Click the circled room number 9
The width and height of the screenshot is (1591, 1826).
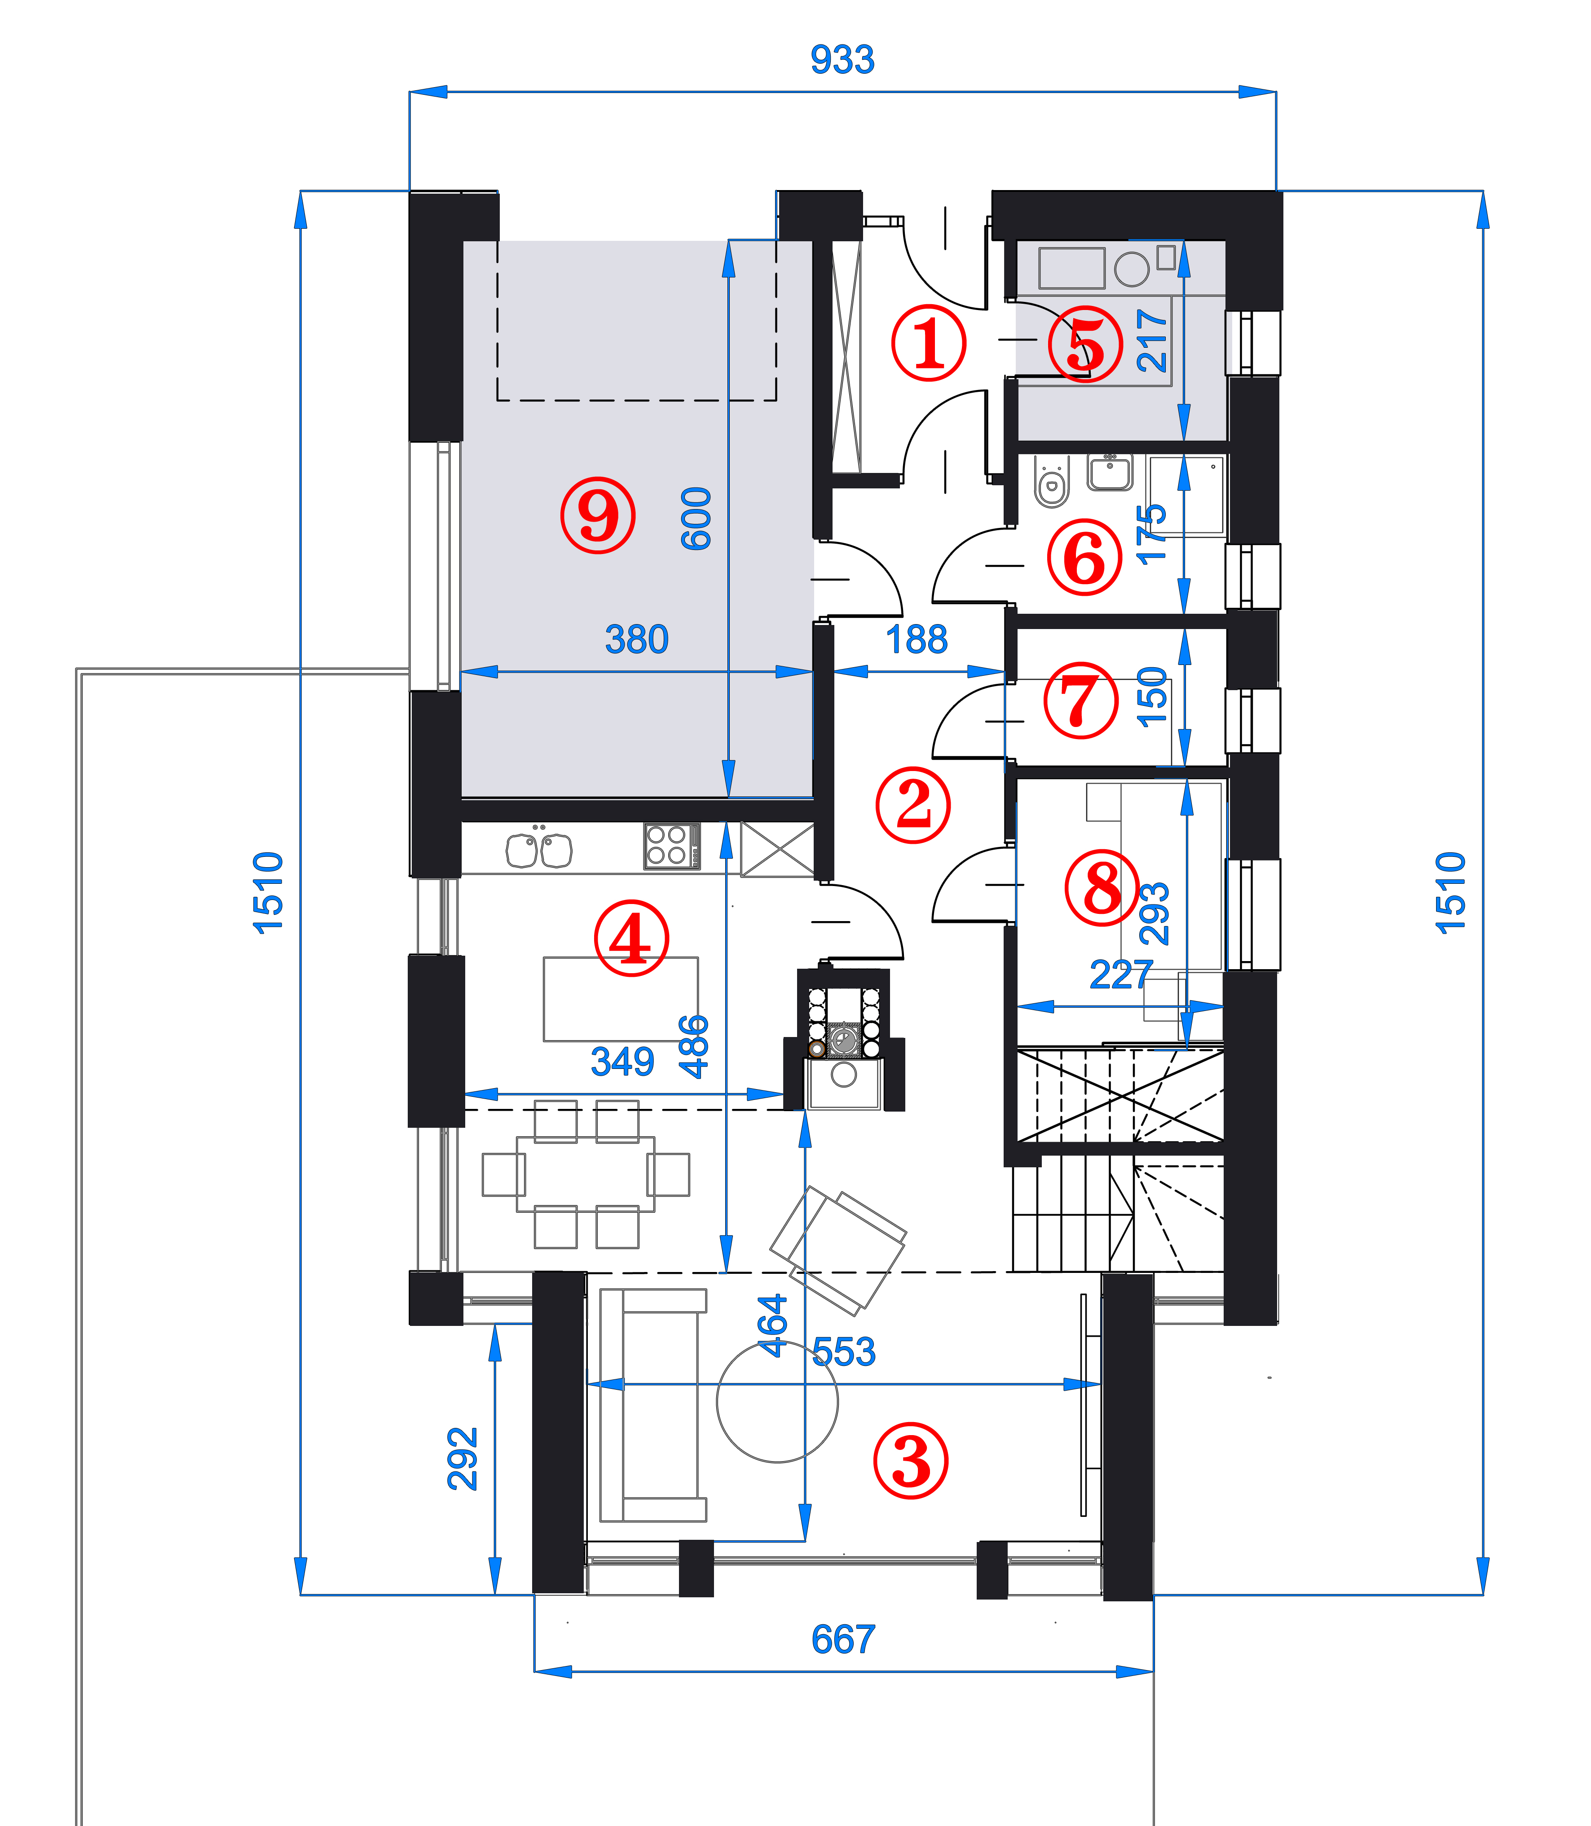pyautogui.click(x=598, y=515)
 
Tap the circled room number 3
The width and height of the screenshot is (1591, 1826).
pyautogui.click(x=911, y=1461)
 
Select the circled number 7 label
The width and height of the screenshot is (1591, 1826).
pyautogui.click(x=1080, y=700)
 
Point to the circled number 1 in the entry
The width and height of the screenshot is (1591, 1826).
pyautogui.click(x=929, y=344)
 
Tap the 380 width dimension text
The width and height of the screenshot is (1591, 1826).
pyautogui.click(x=637, y=639)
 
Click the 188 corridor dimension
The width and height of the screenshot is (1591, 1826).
pyautogui.click(x=917, y=639)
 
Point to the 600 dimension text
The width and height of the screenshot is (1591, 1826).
pyautogui.click(x=696, y=519)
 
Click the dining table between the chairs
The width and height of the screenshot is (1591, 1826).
pyautogui.click(x=586, y=1174)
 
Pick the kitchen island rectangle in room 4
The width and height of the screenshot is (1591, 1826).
pyautogui.click(x=621, y=999)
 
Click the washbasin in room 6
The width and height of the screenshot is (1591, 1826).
pyautogui.click(x=1110, y=472)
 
